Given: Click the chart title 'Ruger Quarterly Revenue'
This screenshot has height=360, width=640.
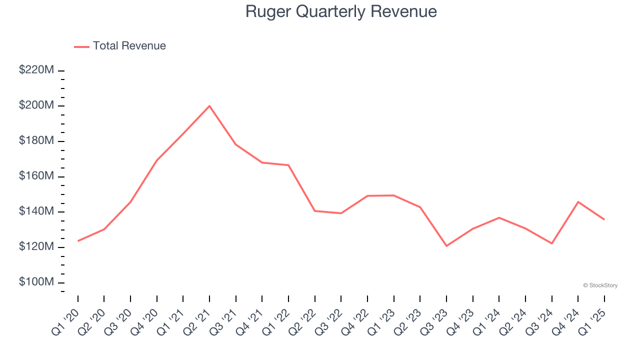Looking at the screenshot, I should coord(341,11).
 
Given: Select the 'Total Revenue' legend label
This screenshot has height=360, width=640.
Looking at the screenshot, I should coord(129,46).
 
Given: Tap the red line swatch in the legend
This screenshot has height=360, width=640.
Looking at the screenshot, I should coord(81,46).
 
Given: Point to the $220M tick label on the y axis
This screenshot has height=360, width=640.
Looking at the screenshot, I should coord(36,70).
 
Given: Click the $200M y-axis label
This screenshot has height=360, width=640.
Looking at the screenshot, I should coord(36,105).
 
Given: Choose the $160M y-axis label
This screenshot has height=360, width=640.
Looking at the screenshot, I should coord(36,176).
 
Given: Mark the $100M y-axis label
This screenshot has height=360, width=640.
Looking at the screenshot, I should coord(36,282).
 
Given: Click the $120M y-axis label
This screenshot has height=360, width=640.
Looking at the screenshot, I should coord(36,247).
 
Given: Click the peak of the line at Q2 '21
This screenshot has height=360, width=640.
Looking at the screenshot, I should coord(209,106).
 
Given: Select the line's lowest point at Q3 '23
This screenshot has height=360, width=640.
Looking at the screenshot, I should coord(446,245).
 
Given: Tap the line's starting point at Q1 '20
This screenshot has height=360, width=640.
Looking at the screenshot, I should coord(78,241).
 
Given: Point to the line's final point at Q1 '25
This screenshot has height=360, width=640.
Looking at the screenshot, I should coord(604,219).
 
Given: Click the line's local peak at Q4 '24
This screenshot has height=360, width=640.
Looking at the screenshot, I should coord(578,202).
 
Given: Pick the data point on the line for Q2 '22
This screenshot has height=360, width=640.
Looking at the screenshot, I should coord(314,210).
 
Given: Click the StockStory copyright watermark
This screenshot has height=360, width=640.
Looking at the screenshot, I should coord(600,285).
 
